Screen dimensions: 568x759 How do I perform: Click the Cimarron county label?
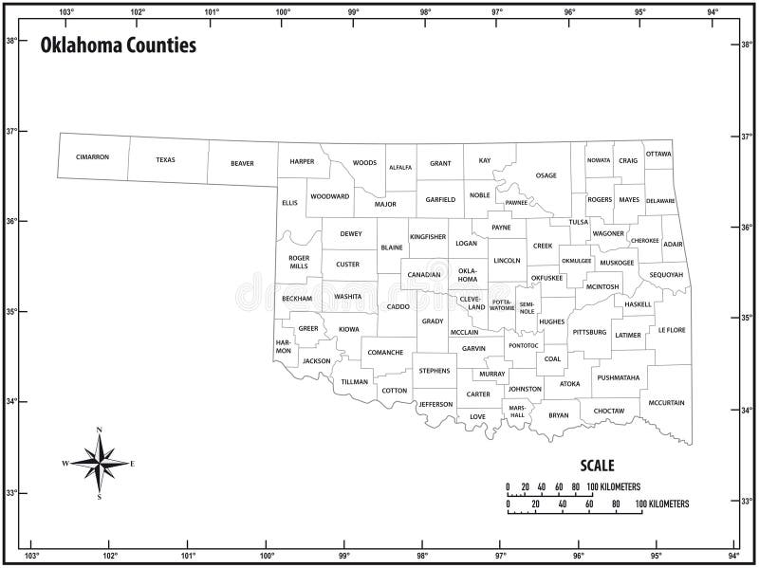pos(93,156)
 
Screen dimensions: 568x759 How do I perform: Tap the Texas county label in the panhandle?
pos(166,159)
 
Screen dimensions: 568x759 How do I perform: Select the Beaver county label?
pos(242,163)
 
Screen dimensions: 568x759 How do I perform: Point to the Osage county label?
pos(546,175)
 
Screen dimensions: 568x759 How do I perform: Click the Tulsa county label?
pos(579,222)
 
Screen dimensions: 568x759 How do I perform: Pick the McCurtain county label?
pos(666,403)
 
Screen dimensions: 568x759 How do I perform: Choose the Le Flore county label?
pos(671,330)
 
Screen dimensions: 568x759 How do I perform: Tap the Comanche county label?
pos(385,353)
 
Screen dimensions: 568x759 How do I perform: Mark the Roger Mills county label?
pos(299,262)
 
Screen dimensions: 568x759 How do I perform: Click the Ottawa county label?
pos(658,154)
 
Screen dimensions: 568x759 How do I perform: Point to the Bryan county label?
pos(559,414)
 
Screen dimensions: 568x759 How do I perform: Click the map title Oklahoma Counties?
pos(119,45)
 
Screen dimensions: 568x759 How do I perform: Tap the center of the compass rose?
pos(99,463)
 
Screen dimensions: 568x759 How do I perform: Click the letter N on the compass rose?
pos(99,431)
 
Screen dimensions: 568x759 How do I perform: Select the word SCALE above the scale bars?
pos(597,466)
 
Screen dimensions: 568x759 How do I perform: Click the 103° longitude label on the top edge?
pos(66,12)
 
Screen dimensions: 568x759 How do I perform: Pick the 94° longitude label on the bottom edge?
pos(733,556)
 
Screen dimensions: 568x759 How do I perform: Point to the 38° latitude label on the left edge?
pos(11,41)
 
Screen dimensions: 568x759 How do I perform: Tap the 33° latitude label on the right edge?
pos(747,501)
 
